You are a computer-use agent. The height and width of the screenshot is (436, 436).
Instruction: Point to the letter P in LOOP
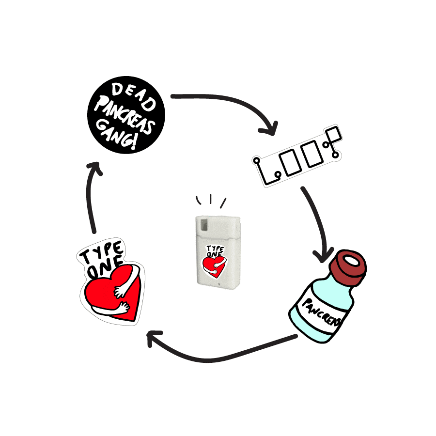(x=332, y=137)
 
